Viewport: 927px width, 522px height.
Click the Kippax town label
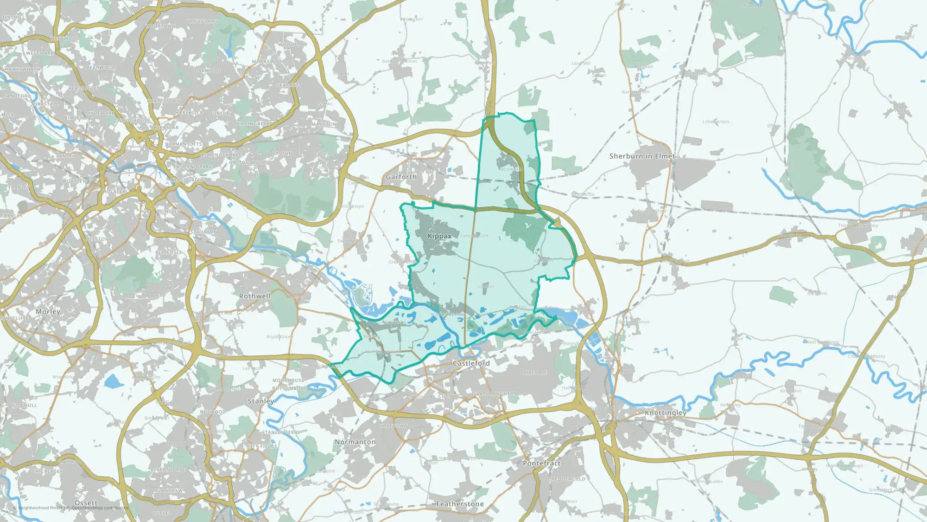pos(439,236)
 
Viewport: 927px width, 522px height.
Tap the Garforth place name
pos(401,177)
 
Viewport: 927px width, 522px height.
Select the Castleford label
pos(471,363)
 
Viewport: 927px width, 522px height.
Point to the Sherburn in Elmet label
pos(642,156)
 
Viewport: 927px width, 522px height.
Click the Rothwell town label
pos(254,296)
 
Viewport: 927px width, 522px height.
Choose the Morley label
pos(48,312)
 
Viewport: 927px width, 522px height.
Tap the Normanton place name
pos(355,442)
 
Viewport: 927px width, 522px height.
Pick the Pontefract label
pos(541,464)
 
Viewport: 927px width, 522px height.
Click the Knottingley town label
pos(666,413)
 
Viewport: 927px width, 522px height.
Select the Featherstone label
pos(460,504)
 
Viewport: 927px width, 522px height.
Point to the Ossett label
pos(86,503)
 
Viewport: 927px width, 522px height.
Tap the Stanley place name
pos(261,401)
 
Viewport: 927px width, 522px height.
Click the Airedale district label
pos(535,373)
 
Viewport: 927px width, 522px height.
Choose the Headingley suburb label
pos(84,88)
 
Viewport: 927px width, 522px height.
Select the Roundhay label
pos(203,22)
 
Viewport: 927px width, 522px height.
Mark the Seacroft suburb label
pos(289,85)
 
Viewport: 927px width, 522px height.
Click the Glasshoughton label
pos(495,394)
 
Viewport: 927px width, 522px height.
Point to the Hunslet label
pos(169,212)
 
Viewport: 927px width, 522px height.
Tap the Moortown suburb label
pos(160,26)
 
